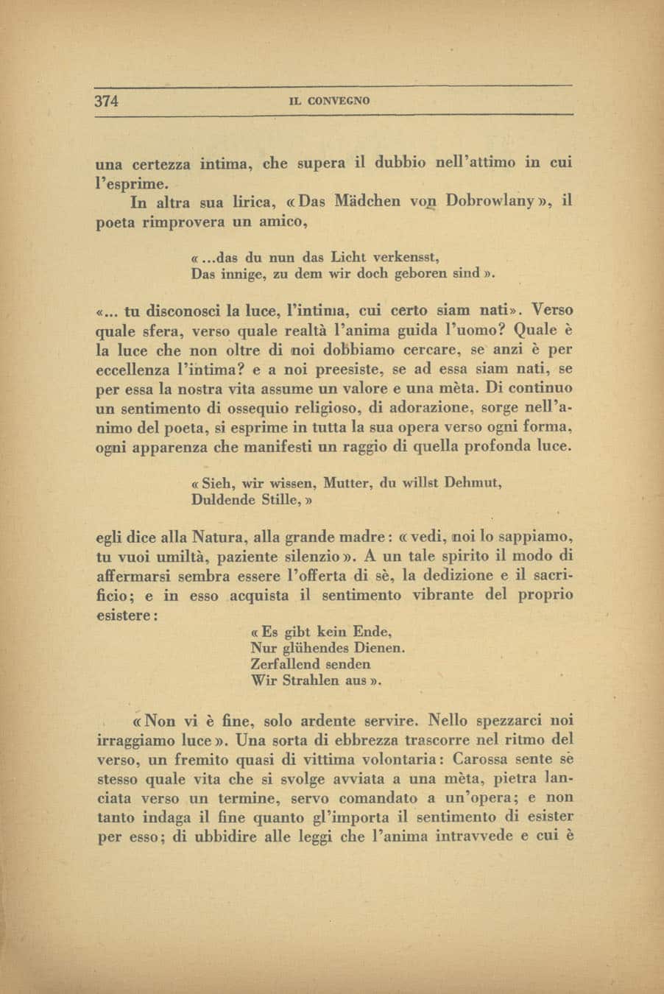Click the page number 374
click(107, 101)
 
